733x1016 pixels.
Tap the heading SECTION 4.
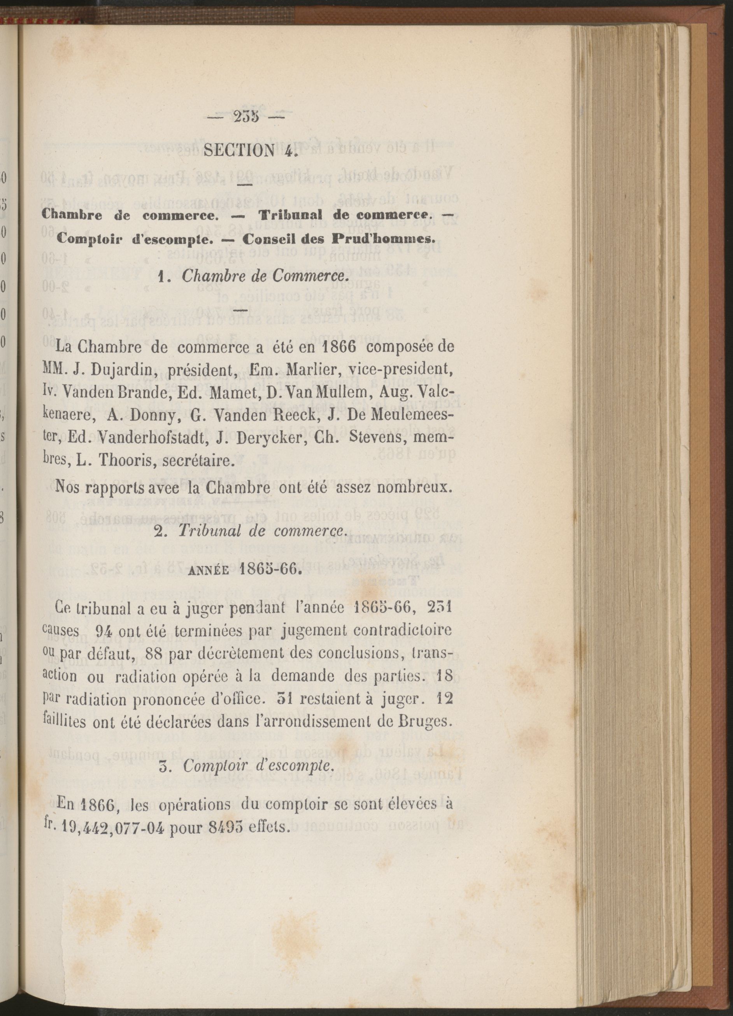[251, 150]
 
